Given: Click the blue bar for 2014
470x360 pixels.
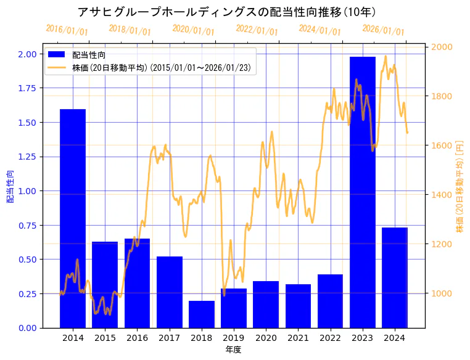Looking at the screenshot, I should (x=73, y=218).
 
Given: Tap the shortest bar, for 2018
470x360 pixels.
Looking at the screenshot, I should (x=202, y=314).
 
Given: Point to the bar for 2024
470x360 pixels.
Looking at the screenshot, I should (x=395, y=277).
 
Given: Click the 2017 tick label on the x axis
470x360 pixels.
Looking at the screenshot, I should (x=169, y=338).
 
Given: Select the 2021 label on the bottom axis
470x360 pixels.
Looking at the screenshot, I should (x=298, y=338).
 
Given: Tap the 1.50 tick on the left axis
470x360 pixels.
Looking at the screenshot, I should (x=28, y=123).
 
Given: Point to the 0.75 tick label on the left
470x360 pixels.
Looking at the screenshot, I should (x=28, y=225).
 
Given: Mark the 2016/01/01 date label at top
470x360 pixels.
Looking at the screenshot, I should (x=67, y=30).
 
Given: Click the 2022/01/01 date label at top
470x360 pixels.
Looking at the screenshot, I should (x=257, y=30).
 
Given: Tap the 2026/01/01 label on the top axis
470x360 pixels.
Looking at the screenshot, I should (x=383, y=30).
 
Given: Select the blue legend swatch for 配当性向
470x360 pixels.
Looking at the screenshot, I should (x=57, y=55).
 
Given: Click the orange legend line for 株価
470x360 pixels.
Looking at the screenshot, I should (x=57, y=67).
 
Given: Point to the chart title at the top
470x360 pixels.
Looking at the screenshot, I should (x=227, y=12).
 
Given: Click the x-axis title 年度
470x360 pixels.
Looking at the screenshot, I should (x=234, y=350).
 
